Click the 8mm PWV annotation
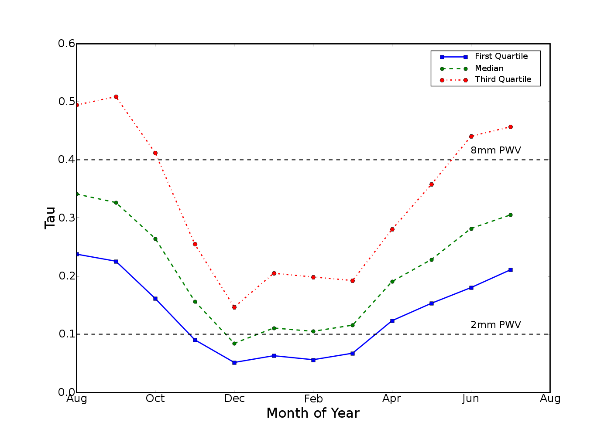[496, 150]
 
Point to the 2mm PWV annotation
[496, 325]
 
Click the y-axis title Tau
[50, 218]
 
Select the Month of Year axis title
[313, 413]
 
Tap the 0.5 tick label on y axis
[66, 102]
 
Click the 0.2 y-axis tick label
[66, 276]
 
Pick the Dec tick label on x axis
[234, 399]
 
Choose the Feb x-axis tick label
[313, 399]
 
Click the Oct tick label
[155, 399]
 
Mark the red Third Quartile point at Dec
[234, 307]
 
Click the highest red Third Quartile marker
[116, 97]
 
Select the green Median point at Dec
[234, 344]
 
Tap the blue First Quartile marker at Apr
[392, 321]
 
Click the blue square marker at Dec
[234, 362]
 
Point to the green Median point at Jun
[471, 228]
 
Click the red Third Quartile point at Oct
[155, 153]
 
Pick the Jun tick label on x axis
[471, 399]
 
